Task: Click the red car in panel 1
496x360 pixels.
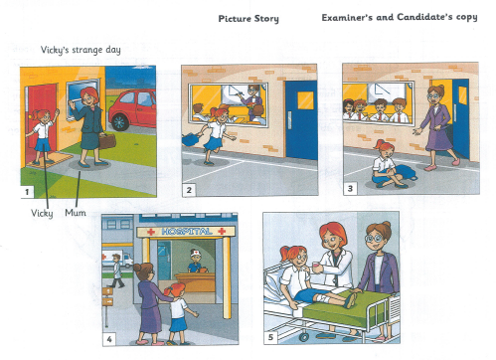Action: coord(133,109)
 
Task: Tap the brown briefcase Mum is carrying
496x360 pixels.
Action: coord(107,141)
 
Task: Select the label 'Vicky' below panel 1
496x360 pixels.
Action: coord(42,213)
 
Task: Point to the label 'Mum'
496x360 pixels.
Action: coord(76,213)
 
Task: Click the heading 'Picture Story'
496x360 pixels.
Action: coord(248,19)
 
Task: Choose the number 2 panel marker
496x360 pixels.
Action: coord(189,190)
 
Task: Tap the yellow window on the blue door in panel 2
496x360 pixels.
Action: coord(305,100)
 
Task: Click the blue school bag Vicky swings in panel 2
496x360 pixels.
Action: coord(191,139)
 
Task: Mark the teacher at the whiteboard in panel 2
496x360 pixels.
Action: coord(251,101)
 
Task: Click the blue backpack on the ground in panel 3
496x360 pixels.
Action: coord(407,173)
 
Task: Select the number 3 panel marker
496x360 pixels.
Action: coord(350,189)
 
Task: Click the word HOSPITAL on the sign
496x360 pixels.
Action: coord(187,232)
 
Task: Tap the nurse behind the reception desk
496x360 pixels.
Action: coord(195,262)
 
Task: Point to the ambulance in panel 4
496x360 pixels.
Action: coord(117,259)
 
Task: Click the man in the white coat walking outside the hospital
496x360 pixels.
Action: coord(116,270)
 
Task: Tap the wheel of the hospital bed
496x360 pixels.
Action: coord(303,337)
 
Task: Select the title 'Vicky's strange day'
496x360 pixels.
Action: coord(81,51)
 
